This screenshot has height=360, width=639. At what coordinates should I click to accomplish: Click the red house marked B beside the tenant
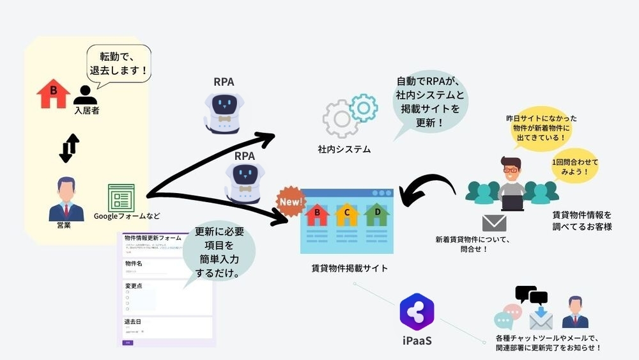click(x=54, y=93)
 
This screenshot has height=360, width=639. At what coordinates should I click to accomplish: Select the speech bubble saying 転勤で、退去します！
click(x=119, y=63)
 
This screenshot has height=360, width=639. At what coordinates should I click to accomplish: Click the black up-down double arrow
click(x=69, y=148)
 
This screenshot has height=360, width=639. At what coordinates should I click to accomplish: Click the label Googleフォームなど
click(x=127, y=215)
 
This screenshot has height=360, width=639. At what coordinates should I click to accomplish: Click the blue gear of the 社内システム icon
click(x=364, y=107)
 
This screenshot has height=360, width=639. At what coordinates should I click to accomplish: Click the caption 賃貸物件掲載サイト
click(x=349, y=268)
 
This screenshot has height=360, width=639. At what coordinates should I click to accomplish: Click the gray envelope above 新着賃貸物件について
click(x=494, y=223)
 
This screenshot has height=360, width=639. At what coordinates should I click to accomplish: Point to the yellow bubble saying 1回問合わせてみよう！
click(x=575, y=166)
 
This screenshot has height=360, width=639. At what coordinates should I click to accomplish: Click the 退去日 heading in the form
click(x=134, y=322)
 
